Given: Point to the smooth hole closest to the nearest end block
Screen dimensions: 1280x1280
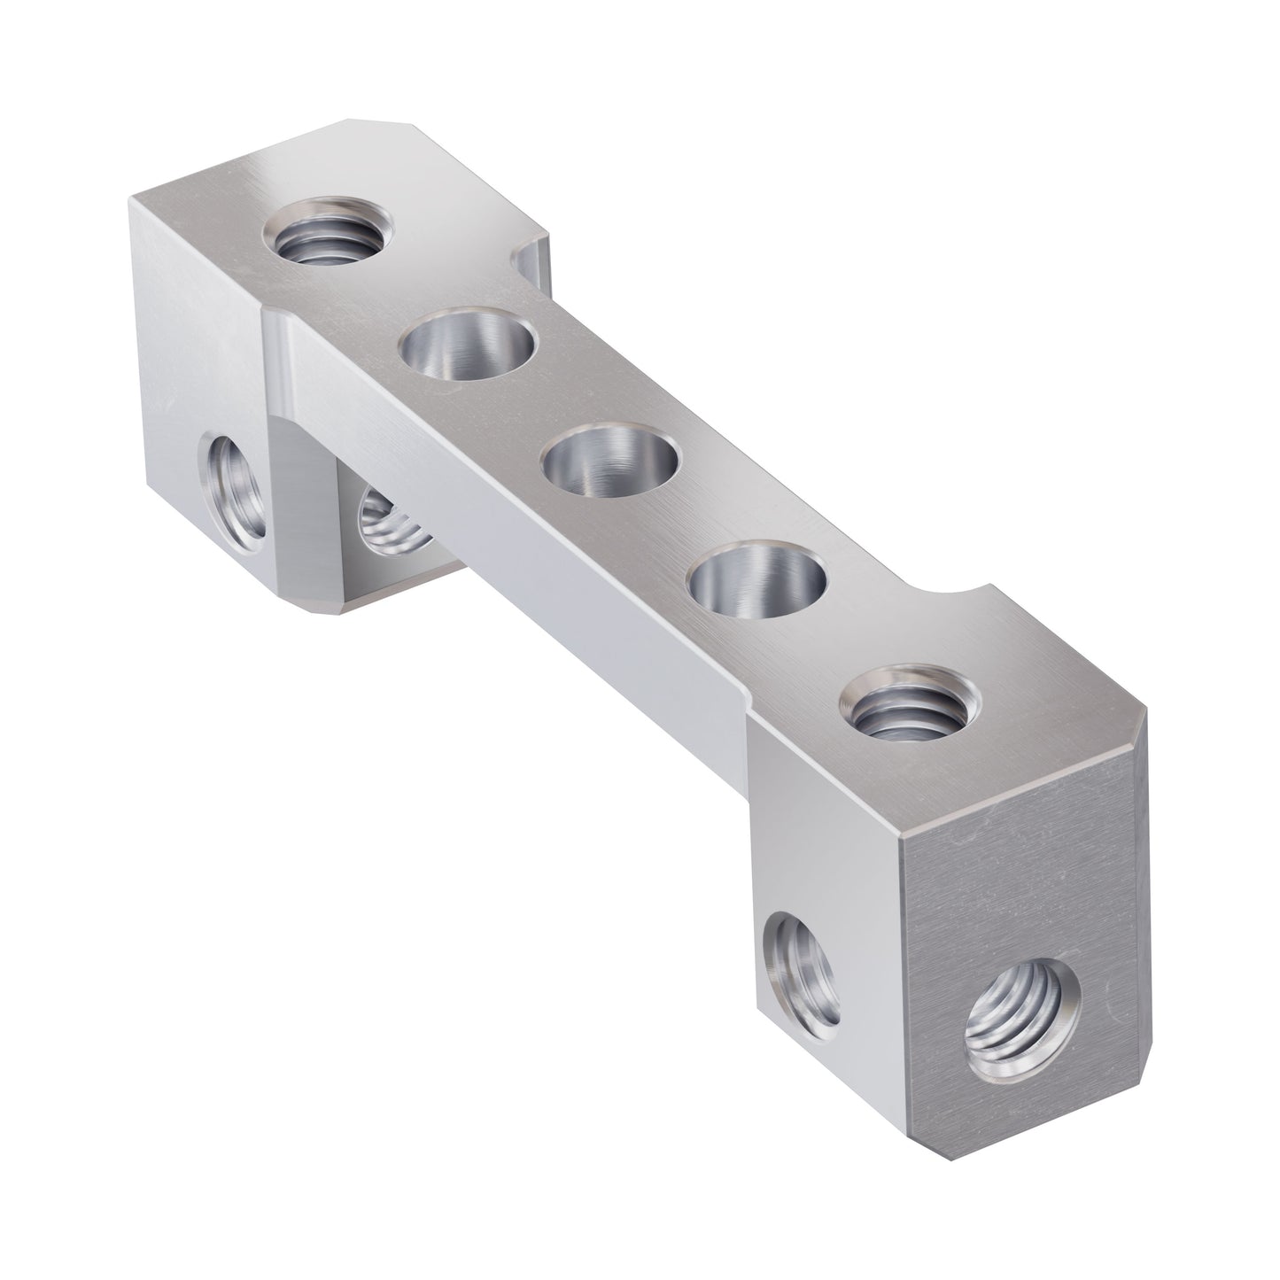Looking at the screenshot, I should pyautogui.click(x=757, y=587).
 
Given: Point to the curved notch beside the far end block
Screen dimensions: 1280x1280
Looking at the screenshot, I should pyautogui.click(x=529, y=254).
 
